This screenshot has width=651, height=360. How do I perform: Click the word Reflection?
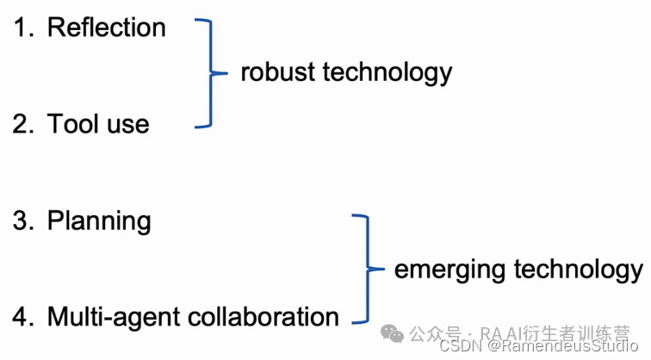coord(106,28)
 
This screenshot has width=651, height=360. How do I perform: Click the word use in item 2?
coord(127,124)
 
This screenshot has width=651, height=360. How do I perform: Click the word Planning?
coord(99,221)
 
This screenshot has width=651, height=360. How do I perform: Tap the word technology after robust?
coord(387,72)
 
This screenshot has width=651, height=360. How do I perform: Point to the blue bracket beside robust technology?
coord(207,74)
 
